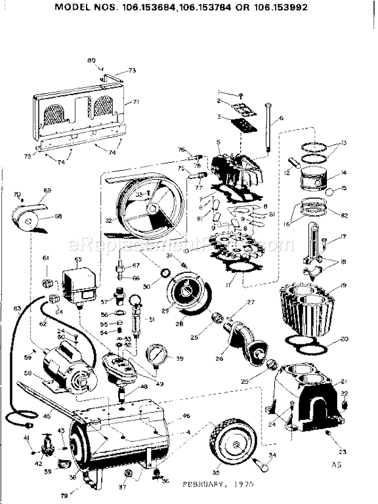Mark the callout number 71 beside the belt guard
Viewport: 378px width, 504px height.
(136, 102)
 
